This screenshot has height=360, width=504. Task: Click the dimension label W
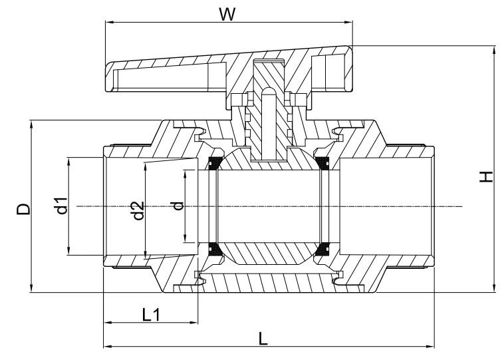coord(227,14)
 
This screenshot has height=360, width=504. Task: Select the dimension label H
coord(486,176)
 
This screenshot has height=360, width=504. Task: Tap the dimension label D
coord(23,209)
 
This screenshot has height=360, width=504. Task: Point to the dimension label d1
coord(62,206)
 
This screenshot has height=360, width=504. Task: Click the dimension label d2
coord(138,211)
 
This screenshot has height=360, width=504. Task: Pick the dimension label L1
coord(151,315)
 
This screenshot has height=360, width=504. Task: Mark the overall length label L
coord(263,339)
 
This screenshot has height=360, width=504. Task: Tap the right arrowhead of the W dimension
coord(348,22)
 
